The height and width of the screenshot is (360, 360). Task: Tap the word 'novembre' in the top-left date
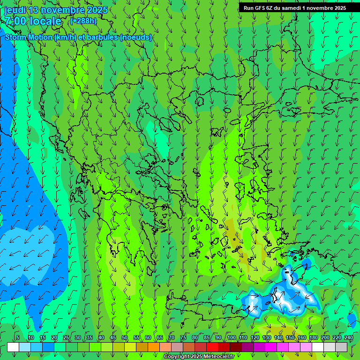[65, 10]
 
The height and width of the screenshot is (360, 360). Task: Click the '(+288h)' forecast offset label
[83, 21]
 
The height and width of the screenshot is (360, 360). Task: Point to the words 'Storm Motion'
[28, 37]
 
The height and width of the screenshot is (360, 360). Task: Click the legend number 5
[17, 337]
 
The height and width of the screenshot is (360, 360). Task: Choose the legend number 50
[124, 337]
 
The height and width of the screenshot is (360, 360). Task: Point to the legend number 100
[232, 337]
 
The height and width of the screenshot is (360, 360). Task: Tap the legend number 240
[349, 337]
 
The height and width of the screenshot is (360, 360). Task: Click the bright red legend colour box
[212, 347]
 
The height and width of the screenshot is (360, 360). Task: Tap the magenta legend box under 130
[271, 347]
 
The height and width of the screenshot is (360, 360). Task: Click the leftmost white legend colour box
[13, 347]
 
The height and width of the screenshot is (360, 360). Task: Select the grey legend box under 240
[341, 347]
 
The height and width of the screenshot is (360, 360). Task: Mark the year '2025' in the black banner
[340, 8]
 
